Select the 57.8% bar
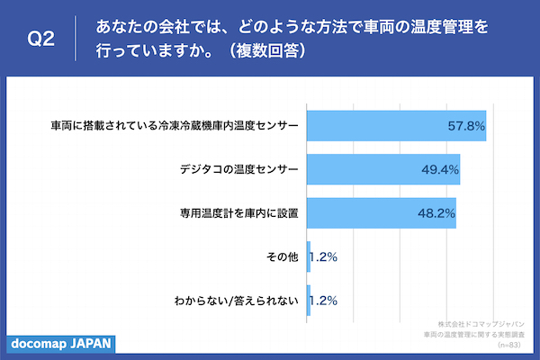(x=396, y=125)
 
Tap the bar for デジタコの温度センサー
(x=383, y=169)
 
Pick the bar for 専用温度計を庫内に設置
(x=382, y=213)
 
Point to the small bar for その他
(x=309, y=256)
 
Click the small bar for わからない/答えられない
(x=309, y=301)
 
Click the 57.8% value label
(x=466, y=125)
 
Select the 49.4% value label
(x=440, y=169)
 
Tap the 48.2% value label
(x=436, y=213)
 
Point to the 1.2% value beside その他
(x=324, y=256)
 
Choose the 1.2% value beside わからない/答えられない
(x=324, y=301)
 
